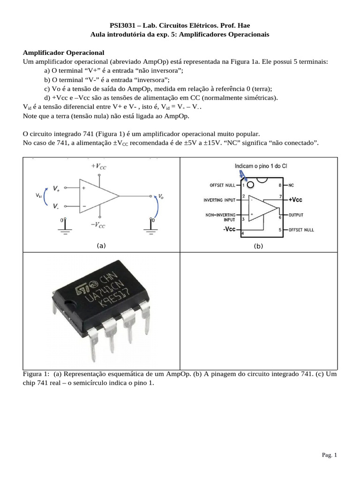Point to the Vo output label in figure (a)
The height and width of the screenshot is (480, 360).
click(161, 196)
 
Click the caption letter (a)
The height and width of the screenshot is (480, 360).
click(101, 245)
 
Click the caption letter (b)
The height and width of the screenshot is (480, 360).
click(258, 246)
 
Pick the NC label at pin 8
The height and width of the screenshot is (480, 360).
click(291, 185)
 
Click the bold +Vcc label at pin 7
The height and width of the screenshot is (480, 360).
click(296, 200)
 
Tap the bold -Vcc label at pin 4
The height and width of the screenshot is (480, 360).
click(229, 229)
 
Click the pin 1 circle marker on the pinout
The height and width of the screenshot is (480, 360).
click(251, 185)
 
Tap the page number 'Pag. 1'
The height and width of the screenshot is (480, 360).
click(329, 455)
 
